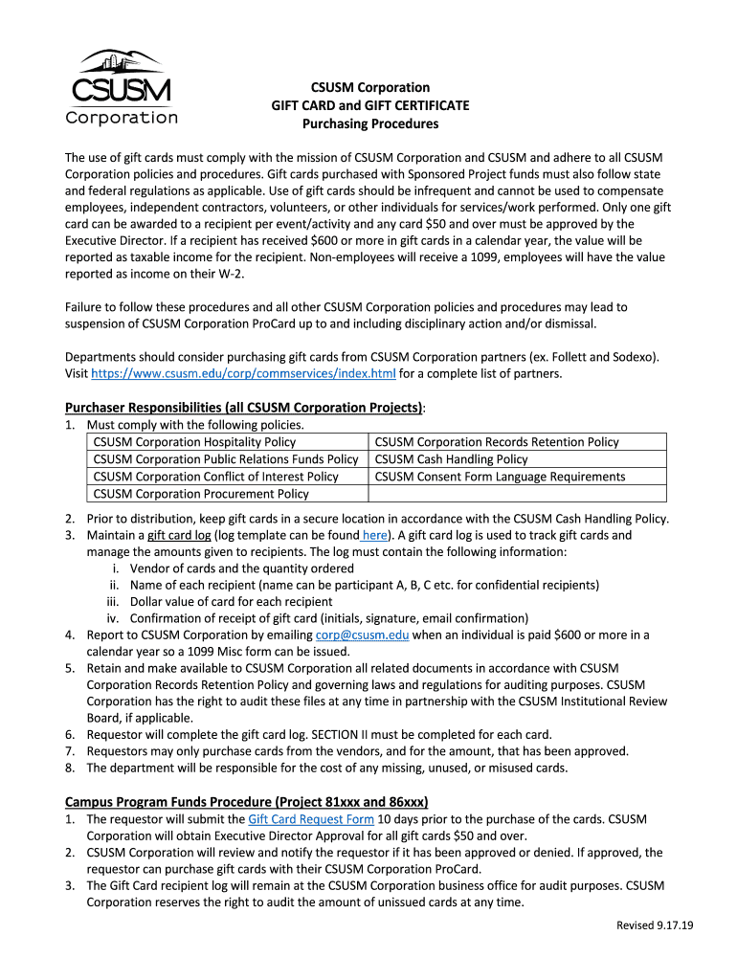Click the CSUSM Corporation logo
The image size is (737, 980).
pyautogui.click(x=122, y=88)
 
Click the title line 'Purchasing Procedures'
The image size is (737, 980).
pyautogui.click(x=370, y=123)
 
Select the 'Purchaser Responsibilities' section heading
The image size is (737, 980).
pyautogui.click(x=244, y=408)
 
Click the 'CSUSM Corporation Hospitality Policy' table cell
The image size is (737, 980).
pyautogui.click(x=195, y=442)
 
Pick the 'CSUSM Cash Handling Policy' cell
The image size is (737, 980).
pyautogui.click(x=451, y=459)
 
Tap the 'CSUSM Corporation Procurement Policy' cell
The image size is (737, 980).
pyautogui.click(x=201, y=494)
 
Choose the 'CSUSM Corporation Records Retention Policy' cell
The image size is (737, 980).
pyautogui.click(x=497, y=442)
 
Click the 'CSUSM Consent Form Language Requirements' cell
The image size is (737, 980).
pyautogui.click(x=500, y=477)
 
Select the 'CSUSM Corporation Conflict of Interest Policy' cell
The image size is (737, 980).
pyautogui.click(x=216, y=477)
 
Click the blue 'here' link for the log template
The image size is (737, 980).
pyautogui.click(x=374, y=536)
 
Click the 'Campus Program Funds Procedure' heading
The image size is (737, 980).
pyautogui.click(x=246, y=801)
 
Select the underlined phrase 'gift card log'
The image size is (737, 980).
pyautogui.click(x=179, y=536)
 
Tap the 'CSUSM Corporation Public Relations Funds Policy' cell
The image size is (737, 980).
pyautogui.click(x=226, y=459)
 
